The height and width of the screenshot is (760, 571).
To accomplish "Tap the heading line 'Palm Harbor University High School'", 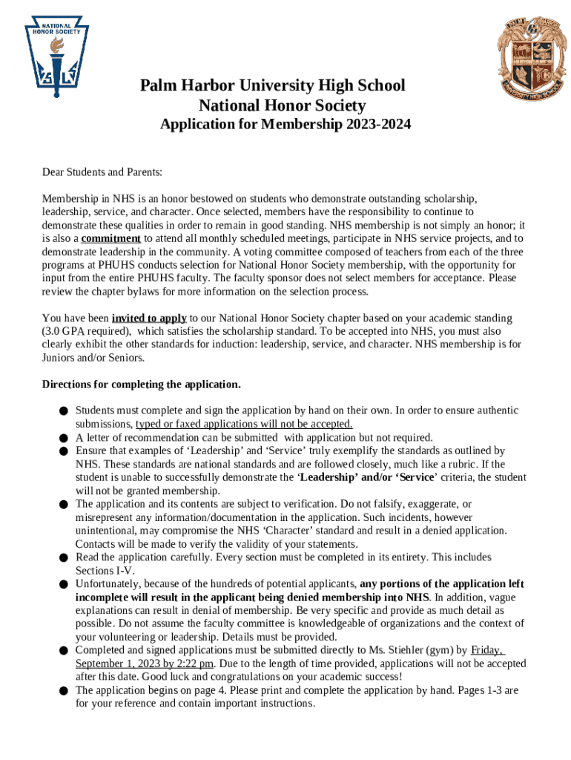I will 272,86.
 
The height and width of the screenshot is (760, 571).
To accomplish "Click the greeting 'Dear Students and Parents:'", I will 102,172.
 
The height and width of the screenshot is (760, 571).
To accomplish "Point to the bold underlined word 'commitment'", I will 110,238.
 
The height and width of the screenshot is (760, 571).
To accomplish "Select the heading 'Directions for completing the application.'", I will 141,384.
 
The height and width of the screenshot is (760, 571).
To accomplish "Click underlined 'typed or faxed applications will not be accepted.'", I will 244,424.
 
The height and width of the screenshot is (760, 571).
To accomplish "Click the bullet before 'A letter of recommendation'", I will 65,438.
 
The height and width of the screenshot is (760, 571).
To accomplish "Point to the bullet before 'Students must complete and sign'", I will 65,411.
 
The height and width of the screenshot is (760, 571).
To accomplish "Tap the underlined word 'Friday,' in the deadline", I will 487,650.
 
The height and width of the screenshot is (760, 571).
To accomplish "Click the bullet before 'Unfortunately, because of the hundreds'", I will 65,584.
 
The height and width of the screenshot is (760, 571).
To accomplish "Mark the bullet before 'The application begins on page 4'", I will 65,691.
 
